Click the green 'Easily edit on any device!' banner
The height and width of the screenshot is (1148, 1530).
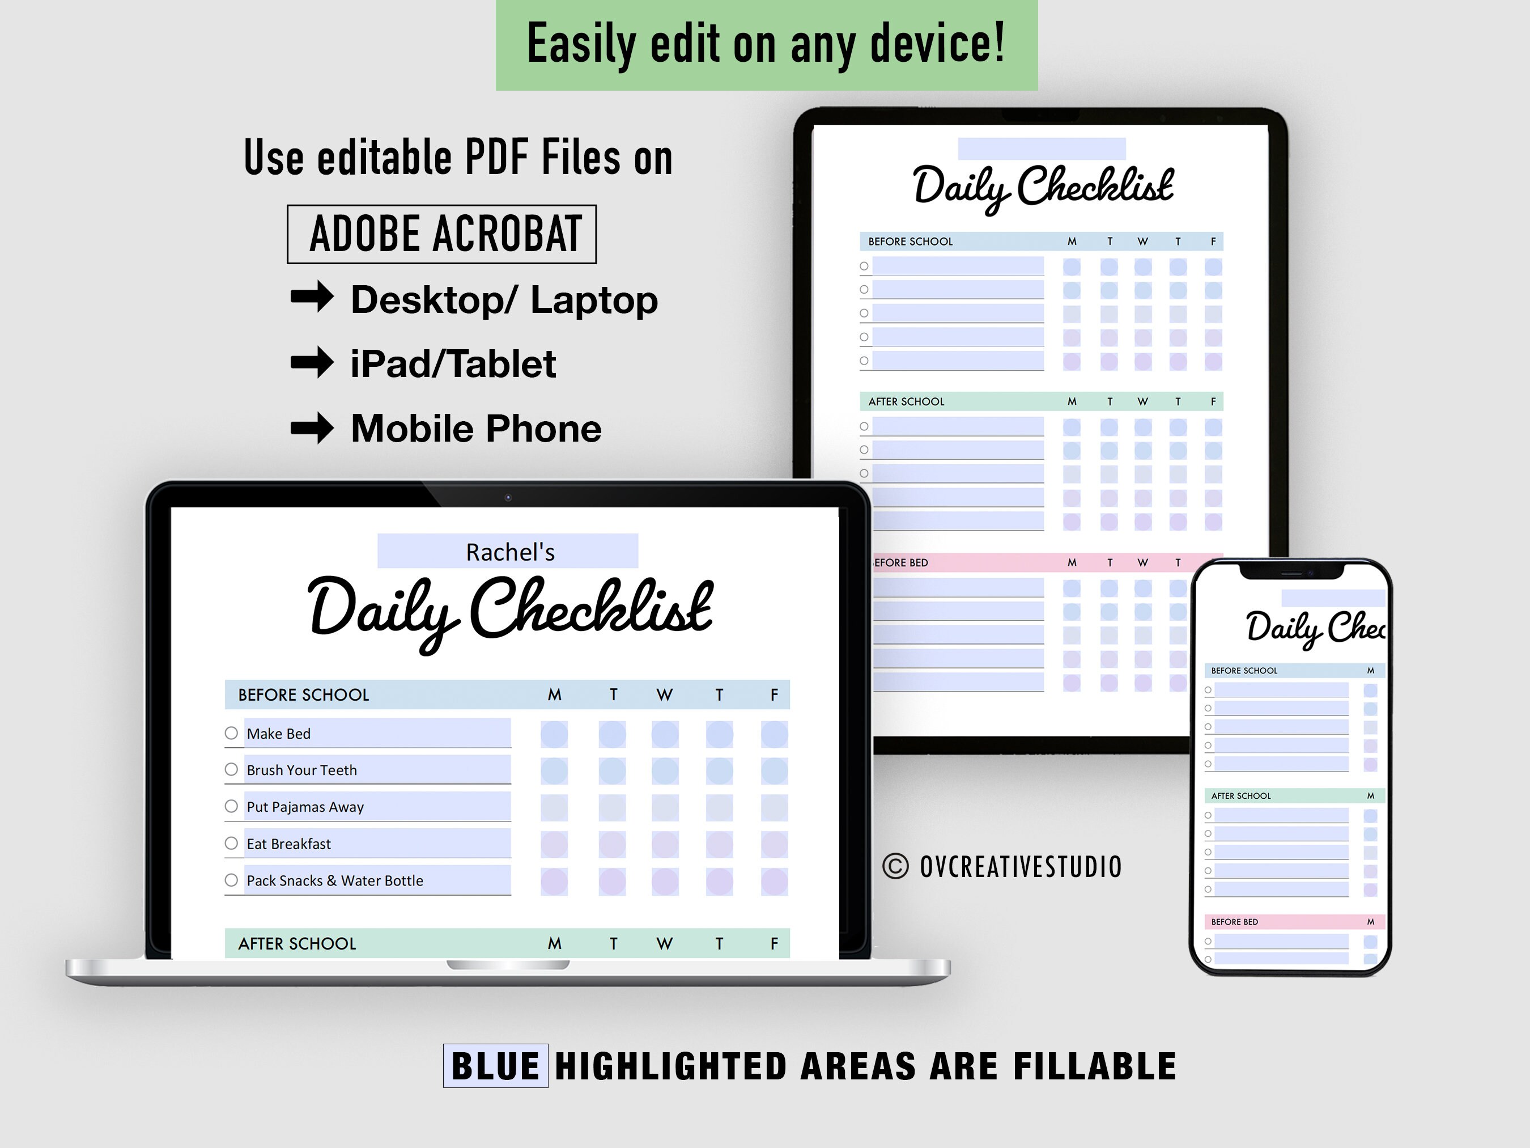click(x=766, y=44)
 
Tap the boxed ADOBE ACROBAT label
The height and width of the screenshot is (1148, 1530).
click(x=441, y=234)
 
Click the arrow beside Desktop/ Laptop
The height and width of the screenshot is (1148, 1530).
click(x=312, y=298)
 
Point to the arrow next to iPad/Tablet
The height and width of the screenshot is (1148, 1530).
click(x=312, y=362)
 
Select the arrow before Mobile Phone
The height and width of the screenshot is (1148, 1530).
click(x=312, y=427)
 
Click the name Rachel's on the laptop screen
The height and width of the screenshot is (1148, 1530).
click(x=510, y=552)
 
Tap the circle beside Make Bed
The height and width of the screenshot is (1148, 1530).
click(x=231, y=733)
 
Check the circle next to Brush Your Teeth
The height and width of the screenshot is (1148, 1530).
click(x=231, y=769)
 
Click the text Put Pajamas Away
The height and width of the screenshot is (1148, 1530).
click(x=305, y=807)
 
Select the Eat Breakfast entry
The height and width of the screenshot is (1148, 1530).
click(x=288, y=844)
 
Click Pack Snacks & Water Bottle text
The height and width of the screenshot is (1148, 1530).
click(x=335, y=880)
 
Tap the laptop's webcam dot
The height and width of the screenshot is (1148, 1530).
click(x=508, y=498)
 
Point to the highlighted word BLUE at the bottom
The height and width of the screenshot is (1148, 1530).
click(x=495, y=1066)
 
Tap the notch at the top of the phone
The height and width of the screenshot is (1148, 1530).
click(x=1291, y=572)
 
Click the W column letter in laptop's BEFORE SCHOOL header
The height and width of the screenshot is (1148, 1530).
click(x=664, y=694)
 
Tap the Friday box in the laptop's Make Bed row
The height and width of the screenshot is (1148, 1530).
click(x=774, y=734)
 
